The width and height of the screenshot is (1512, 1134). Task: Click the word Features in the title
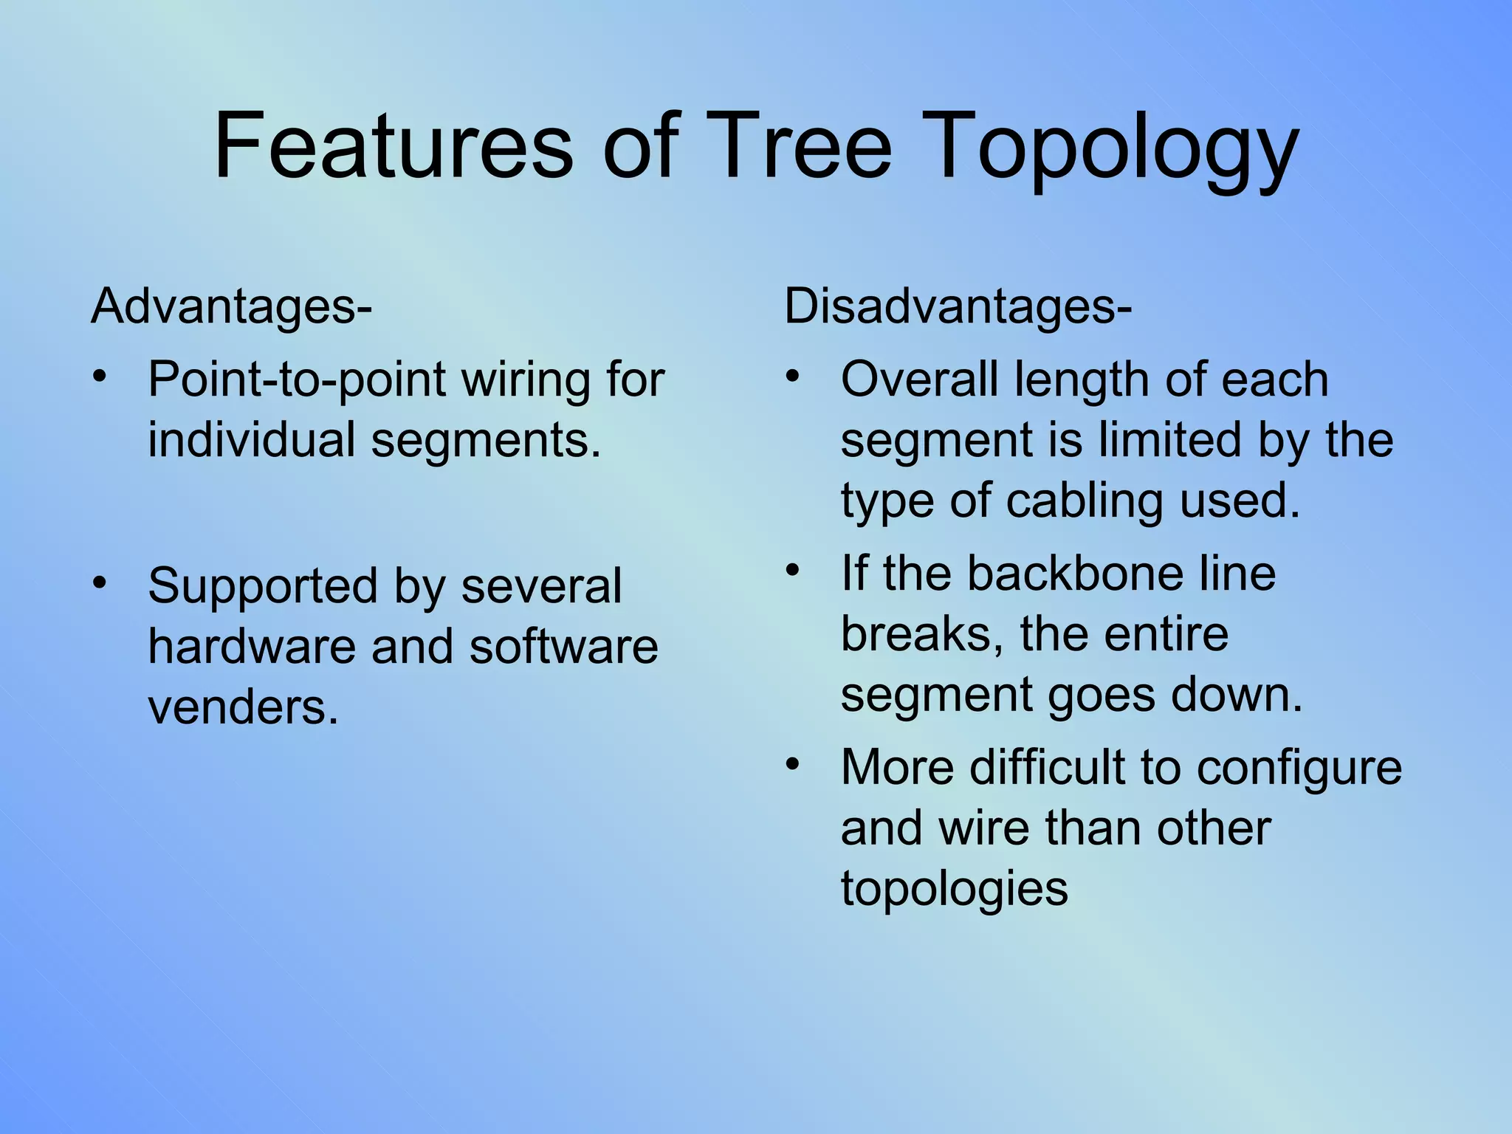(x=393, y=145)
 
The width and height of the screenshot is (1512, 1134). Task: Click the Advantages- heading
(x=231, y=306)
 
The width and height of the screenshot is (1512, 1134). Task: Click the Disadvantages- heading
(x=957, y=306)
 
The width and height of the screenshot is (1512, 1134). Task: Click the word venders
(x=243, y=707)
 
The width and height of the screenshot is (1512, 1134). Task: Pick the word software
(x=563, y=647)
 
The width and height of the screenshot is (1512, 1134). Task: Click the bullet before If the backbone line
(x=792, y=569)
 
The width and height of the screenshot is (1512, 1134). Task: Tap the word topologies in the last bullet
(x=954, y=890)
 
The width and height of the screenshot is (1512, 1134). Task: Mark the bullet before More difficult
(x=792, y=763)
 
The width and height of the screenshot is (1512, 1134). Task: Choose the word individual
(x=252, y=440)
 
